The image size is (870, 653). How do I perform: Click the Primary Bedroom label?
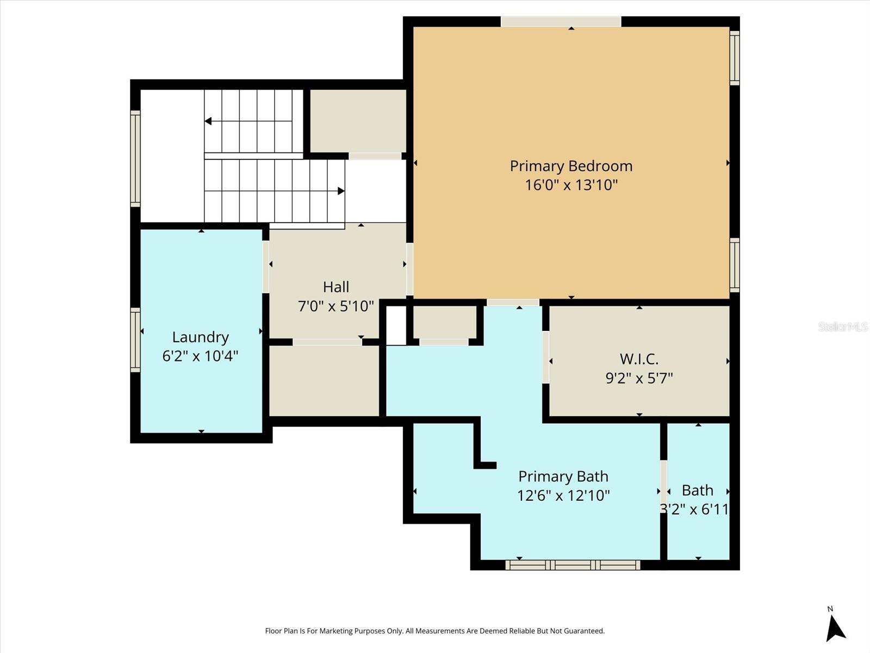coord(571,166)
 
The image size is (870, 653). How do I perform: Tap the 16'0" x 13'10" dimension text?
coord(571,185)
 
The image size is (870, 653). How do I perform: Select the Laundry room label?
coord(200,337)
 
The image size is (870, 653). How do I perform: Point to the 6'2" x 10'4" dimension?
coord(200,356)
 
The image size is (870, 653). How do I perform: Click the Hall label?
coord(336,287)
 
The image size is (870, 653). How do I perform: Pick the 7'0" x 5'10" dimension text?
coord(336,306)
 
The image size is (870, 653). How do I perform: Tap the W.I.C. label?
coord(639,359)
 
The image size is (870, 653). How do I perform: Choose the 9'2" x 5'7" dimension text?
coord(639,378)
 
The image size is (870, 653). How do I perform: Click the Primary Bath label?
coord(563,476)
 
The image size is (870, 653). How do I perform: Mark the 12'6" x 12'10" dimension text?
coord(563,495)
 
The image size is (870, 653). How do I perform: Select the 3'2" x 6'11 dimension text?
coord(694,509)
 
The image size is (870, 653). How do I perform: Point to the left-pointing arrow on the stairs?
coord(208,121)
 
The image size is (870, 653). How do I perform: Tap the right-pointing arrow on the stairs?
coord(341,191)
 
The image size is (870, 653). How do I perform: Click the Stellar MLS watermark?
coord(842,326)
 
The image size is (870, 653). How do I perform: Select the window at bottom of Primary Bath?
coord(573,565)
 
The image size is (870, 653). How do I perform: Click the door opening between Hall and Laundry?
coord(266,267)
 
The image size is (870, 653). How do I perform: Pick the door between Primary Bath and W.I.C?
coord(545,357)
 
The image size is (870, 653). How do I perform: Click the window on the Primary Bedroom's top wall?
coord(561,22)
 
